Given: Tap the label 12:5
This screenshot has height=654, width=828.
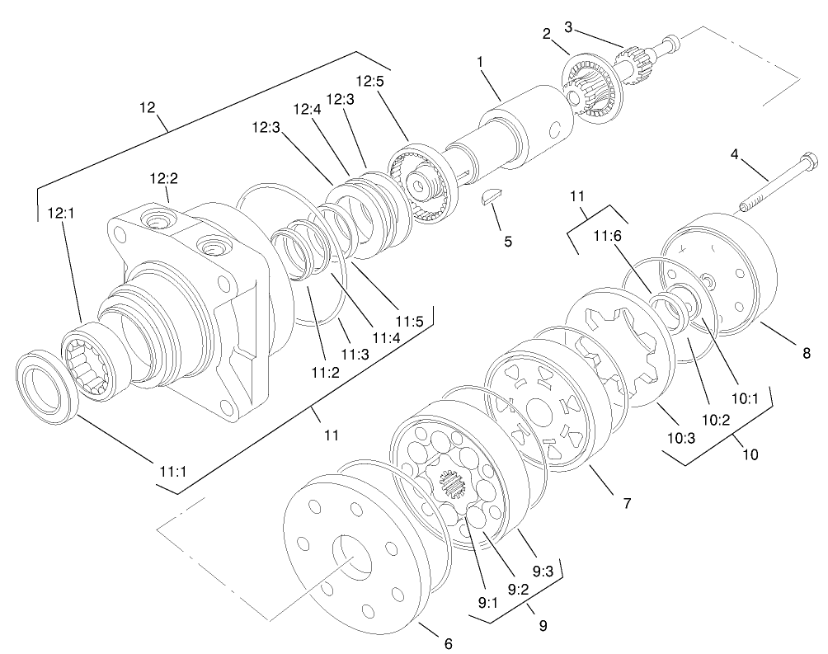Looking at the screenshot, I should point(369,82).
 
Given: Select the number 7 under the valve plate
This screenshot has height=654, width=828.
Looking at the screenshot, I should point(627,501).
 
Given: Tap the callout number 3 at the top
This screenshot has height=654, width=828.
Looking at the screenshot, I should point(567,27).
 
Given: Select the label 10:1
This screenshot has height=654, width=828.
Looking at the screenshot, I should point(746,398).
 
